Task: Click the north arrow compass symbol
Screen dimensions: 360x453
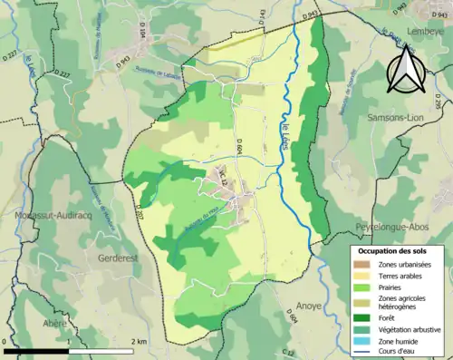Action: coord(405,68)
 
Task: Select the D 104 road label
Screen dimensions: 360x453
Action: coord(142,34)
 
